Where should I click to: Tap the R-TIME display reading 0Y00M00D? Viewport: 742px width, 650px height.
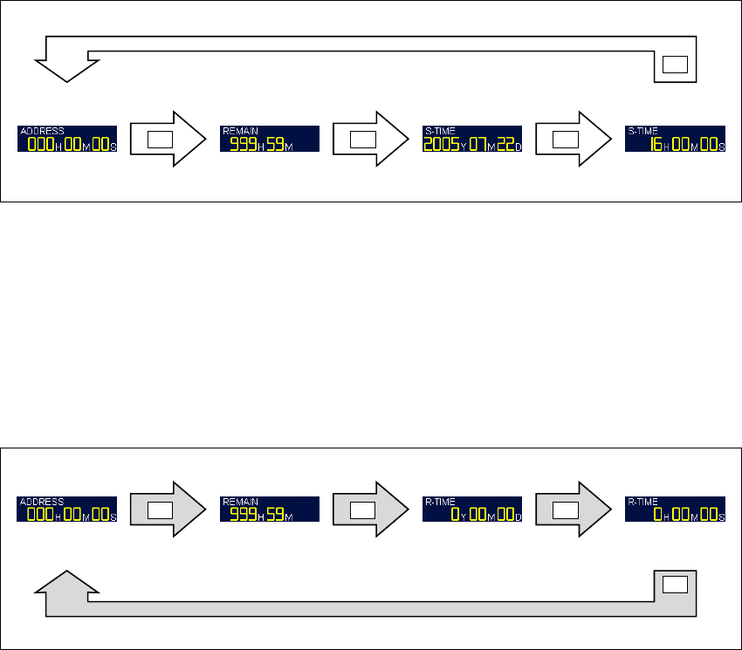click(472, 510)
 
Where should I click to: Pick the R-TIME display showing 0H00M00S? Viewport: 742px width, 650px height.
click(676, 510)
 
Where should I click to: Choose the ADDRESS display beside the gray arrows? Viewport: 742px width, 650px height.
click(67, 510)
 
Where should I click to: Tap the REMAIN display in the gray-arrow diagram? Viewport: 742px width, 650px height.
click(270, 510)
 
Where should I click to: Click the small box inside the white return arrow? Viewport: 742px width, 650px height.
click(676, 65)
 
